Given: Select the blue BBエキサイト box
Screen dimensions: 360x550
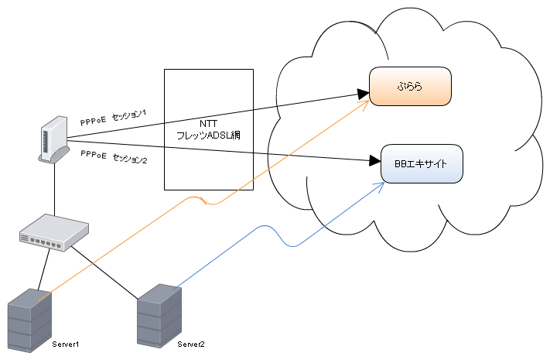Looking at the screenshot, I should (422, 164).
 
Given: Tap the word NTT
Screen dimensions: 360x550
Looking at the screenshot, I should (209, 124).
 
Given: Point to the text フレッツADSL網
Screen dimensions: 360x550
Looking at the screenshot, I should (209, 135).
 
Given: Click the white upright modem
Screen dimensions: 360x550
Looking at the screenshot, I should (53, 139).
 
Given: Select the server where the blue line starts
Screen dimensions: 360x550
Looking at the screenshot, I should (159, 315).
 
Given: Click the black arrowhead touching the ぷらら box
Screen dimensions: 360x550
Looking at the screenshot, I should (364, 94).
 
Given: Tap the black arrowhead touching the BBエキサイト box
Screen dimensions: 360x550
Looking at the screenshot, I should (377, 161).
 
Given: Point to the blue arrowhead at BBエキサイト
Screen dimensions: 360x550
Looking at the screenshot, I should (380, 184).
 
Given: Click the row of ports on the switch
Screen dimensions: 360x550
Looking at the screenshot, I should (46, 242).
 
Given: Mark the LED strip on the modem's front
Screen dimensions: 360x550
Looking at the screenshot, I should (46, 139).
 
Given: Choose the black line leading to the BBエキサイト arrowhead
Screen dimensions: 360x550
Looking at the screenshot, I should (309, 156).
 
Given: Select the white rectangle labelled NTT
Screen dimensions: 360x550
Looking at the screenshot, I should (209, 93).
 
